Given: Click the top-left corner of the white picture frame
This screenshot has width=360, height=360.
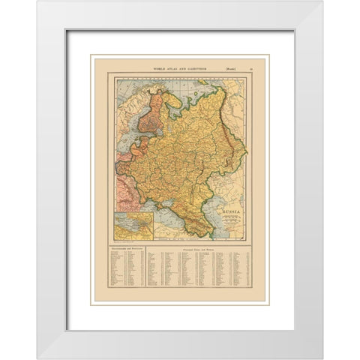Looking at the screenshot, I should point(39,4).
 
